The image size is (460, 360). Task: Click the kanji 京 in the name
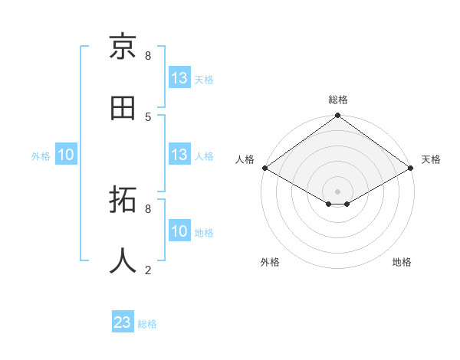(x=123, y=47)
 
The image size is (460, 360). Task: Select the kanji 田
(x=123, y=109)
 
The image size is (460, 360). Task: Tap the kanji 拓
(x=123, y=201)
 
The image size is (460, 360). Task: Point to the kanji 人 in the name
(x=123, y=261)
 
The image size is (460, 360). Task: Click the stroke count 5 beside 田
(x=148, y=116)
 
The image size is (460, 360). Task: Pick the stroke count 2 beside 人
(x=148, y=270)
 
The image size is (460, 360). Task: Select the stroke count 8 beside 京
(x=148, y=55)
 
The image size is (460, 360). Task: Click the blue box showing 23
(x=123, y=322)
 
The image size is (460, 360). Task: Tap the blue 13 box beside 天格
(x=179, y=78)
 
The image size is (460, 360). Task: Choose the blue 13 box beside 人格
(x=179, y=155)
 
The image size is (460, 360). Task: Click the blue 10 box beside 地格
(x=179, y=231)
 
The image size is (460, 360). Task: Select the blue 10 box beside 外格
(x=66, y=155)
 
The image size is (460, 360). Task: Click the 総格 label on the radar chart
(x=338, y=100)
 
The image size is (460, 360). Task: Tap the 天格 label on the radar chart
(x=431, y=159)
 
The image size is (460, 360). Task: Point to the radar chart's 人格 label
(x=245, y=159)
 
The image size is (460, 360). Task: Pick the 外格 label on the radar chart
(x=270, y=262)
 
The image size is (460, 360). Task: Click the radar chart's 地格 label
(x=402, y=262)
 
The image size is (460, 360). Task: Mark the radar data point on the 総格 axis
(x=338, y=116)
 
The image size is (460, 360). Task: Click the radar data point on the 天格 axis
(x=412, y=168)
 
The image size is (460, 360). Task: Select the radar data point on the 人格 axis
(x=264, y=168)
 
